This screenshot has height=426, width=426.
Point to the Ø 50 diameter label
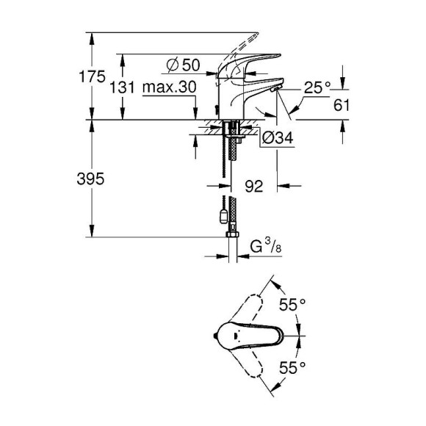tap(181, 65)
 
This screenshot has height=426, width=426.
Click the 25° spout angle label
tap(317, 88)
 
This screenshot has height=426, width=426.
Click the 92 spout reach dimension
tap(254, 187)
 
